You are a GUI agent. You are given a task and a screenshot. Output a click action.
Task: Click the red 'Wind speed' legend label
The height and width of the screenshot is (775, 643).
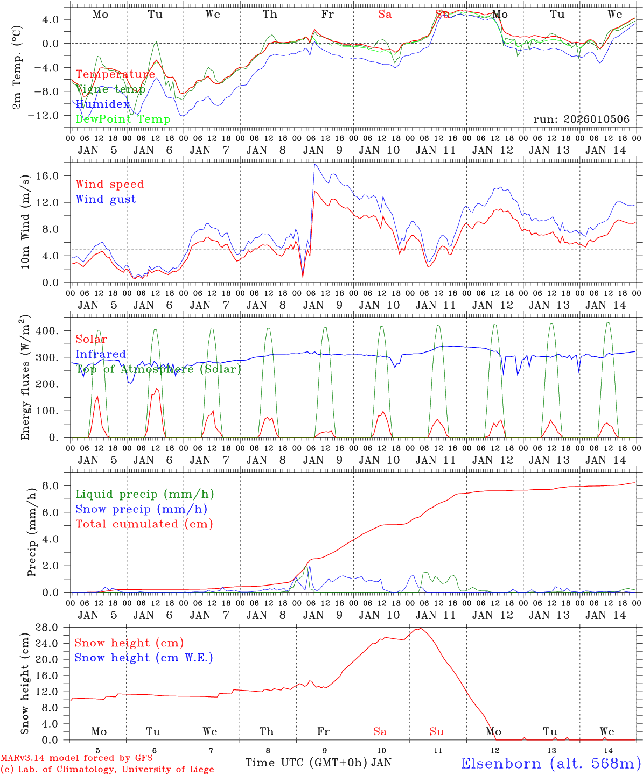tap(110, 184)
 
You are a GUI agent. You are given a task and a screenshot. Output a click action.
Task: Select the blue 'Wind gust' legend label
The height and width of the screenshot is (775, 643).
tap(106, 199)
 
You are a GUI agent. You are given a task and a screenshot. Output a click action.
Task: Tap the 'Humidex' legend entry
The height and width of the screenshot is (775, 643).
tap(103, 104)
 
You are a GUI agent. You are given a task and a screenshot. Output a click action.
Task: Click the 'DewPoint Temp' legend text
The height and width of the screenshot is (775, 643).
tap(123, 119)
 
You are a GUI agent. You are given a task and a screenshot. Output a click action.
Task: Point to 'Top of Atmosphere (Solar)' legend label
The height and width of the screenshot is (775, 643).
tap(158, 369)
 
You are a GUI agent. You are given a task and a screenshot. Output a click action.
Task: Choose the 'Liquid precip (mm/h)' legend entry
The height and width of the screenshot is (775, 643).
tap(145, 494)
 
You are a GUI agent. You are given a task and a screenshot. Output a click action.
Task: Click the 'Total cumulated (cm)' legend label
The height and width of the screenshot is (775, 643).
tap(144, 524)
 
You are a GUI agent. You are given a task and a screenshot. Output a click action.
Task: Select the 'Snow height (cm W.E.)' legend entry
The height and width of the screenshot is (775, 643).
tap(144, 658)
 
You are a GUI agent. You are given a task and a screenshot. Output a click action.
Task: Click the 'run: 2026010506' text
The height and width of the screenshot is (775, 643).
tap(581, 119)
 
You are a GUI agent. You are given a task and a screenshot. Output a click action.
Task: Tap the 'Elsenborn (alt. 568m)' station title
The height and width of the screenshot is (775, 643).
tap(550, 763)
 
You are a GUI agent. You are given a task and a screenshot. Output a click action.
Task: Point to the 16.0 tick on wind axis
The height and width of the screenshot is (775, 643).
tap(55, 175)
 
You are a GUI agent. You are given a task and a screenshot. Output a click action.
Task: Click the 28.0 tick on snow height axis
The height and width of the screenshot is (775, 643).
tap(55, 628)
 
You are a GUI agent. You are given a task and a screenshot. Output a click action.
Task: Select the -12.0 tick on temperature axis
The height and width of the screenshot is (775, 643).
tap(52, 115)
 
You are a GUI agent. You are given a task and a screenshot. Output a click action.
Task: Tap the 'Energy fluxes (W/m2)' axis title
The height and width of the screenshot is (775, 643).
tap(25, 378)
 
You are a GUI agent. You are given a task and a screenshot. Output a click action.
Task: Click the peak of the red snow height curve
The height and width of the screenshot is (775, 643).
tap(420, 628)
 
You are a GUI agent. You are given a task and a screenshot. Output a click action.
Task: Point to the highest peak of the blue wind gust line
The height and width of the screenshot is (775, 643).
tap(314, 164)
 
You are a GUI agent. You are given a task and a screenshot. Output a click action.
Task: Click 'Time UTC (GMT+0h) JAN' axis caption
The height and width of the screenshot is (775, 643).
tap(318, 763)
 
